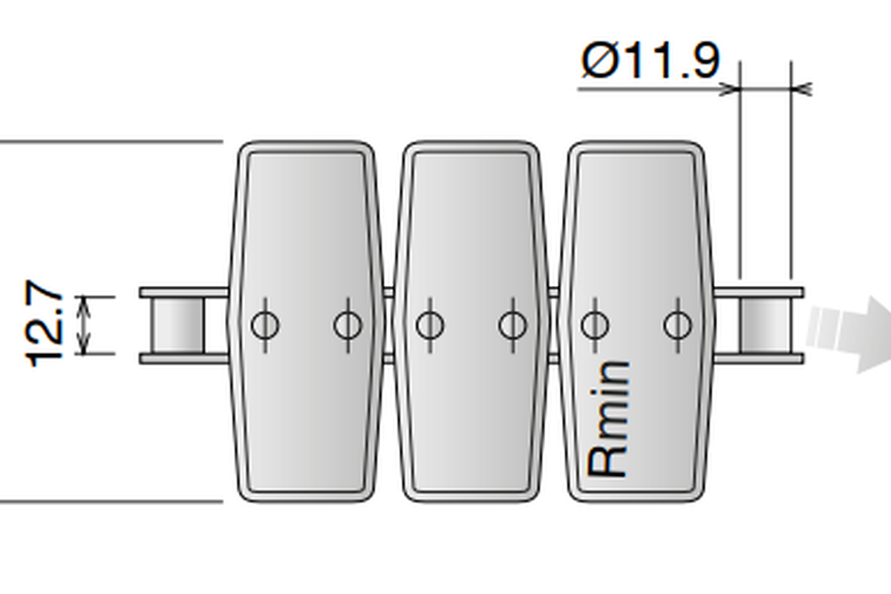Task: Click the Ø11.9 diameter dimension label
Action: [x=650, y=60]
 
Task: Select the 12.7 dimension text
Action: [x=44, y=324]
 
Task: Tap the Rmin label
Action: [x=608, y=420]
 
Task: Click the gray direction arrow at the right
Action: [x=849, y=334]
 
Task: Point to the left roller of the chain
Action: [x=179, y=325]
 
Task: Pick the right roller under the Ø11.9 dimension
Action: [x=766, y=325]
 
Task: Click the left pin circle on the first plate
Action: [x=265, y=325]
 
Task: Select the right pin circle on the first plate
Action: [x=348, y=325]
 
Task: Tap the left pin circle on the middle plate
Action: [x=430, y=325]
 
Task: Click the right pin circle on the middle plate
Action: [x=513, y=325]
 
